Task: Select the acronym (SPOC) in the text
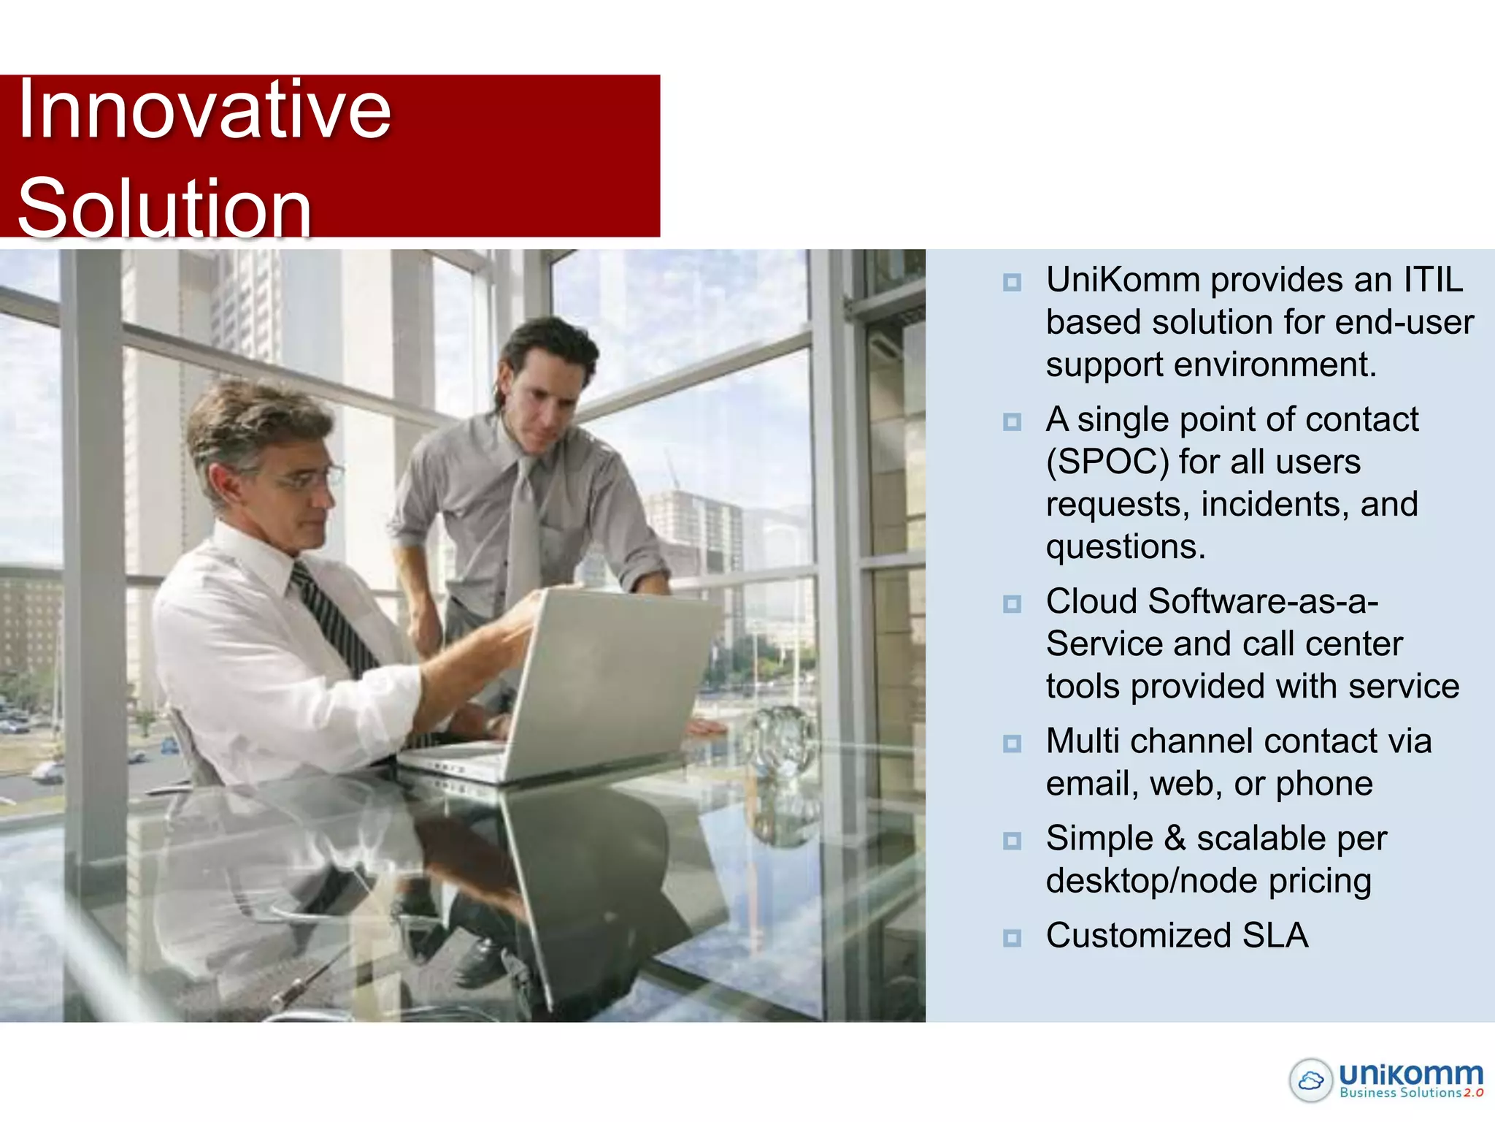pyautogui.click(x=1107, y=462)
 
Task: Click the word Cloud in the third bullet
pyautogui.click(x=1091, y=602)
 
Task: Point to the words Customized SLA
pyautogui.click(x=1177, y=936)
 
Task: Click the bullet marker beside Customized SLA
pyautogui.click(x=1012, y=937)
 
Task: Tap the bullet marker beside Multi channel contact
pyautogui.click(x=1012, y=743)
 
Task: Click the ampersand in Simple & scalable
pyautogui.click(x=1175, y=839)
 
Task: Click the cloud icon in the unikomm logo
pyautogui.click(x=1311, y=1080)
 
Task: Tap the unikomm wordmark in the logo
pyautogui.click(x=1410, y=1074)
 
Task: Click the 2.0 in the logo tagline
pyautogui.click(x=1473, y=1094)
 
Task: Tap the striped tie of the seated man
pyautogui.click(x=332, y=621)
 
